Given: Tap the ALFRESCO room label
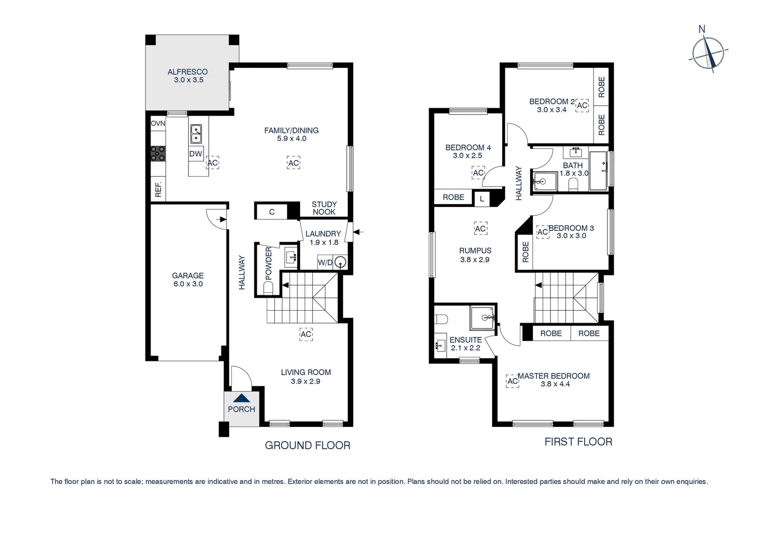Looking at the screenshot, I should pos(187,72).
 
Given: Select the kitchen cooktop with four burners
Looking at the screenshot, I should pos(158,153).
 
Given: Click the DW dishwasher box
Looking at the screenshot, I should pos(196,154).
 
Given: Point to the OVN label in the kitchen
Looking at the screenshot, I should pos(158,124).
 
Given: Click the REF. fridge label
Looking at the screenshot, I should pos(158,189).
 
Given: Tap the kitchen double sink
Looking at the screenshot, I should pos(196,133).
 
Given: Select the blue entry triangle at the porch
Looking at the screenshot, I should pos(241,398).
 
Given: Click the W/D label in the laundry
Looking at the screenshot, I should pos(325,263).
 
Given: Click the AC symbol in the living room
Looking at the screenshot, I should pos(306,335).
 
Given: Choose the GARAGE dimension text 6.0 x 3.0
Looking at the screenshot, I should pos(188,284).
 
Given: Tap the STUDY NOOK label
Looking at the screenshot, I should pos(324,208).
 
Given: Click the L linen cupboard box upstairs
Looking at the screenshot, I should pos(481,199).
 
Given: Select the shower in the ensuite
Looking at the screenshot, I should pos(482,317).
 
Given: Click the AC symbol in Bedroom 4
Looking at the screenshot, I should pos(478,173).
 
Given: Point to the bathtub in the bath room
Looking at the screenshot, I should pos(598,171).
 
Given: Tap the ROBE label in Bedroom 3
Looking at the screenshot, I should pos(525,252).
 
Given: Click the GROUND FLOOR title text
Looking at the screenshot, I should pos(307,445).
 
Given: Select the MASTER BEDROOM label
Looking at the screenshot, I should pos(553,376).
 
